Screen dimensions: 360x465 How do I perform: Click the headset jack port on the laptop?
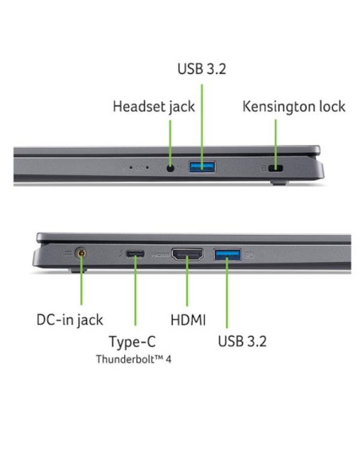point(170,169)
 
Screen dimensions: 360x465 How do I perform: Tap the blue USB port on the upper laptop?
point(202,166)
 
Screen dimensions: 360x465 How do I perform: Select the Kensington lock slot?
point(276,169)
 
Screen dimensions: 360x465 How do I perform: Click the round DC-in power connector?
point(81,254)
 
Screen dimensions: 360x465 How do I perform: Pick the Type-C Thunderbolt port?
point(135,254)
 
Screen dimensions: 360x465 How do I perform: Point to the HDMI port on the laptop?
point(187,255)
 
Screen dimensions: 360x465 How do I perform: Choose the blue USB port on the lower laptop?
point(228,255)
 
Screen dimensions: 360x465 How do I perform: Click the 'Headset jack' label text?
point(154,107)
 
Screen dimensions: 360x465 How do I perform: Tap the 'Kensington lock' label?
point(294,107)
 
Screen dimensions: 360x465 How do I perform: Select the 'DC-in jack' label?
point(69,320)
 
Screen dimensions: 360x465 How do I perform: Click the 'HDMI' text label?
point(188,320)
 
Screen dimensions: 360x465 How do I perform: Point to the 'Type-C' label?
point(132,342)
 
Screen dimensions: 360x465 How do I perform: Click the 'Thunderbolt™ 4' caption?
point(134,359)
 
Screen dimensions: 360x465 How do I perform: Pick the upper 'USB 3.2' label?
point(202,68)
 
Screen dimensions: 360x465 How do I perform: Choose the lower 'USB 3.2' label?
point(242,342)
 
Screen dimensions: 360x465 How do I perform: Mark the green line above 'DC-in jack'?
point(81,279)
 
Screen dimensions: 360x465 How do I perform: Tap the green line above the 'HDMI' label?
point(187,281)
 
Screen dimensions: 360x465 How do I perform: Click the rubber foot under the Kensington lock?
point(279,182)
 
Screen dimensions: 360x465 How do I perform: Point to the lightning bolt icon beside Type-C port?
point(121,254)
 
